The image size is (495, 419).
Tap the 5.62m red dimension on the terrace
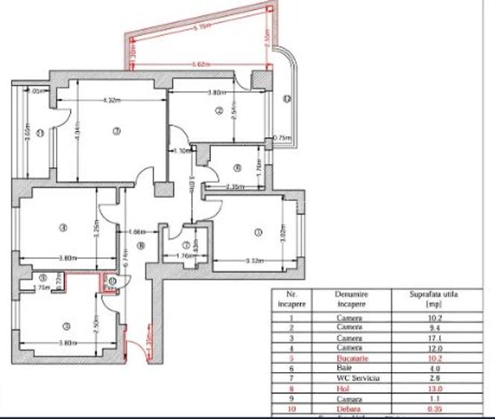pyautogui.click(x=198, y=65)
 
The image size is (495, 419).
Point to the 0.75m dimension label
pyautogui.click(x=282, y=138)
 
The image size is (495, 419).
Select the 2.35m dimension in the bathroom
pyautogui.click(x=233, y=187)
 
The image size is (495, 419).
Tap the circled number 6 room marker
pyautogui.click(x=236, y=167)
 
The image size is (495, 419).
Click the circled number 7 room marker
pyautogui.click(x=186, y=245)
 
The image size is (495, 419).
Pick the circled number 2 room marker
pyautogui.click(x=218, y=111)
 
